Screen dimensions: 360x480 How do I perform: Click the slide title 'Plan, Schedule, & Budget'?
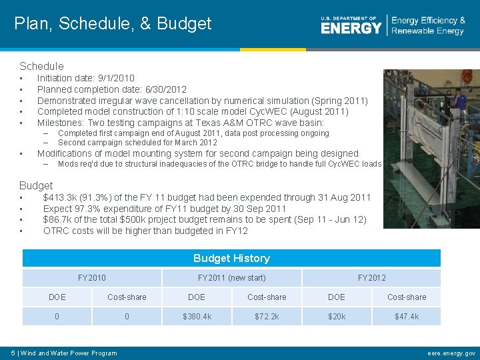[113, 24]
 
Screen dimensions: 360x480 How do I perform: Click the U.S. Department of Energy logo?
[351, 25]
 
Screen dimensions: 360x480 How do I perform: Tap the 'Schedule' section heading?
[41, 66]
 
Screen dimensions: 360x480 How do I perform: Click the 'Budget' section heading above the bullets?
[36, 185]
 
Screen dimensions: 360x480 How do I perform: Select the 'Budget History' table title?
[231, 258]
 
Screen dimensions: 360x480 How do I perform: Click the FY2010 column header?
[92, 277]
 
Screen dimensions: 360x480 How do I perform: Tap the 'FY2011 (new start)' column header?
[231, 277]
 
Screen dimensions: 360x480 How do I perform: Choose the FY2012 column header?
[371, 277]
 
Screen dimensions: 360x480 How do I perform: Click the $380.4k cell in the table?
[197, 316]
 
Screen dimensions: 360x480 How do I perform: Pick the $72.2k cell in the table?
[267, 316]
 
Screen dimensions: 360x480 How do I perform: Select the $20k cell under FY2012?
[337, 316]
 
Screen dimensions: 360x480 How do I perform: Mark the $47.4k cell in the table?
[407, 316]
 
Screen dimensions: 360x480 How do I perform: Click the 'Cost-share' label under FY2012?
[407, 297]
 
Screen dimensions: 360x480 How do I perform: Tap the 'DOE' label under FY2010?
[57, 297]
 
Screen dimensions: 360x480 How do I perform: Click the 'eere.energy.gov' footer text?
[451, 353]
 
